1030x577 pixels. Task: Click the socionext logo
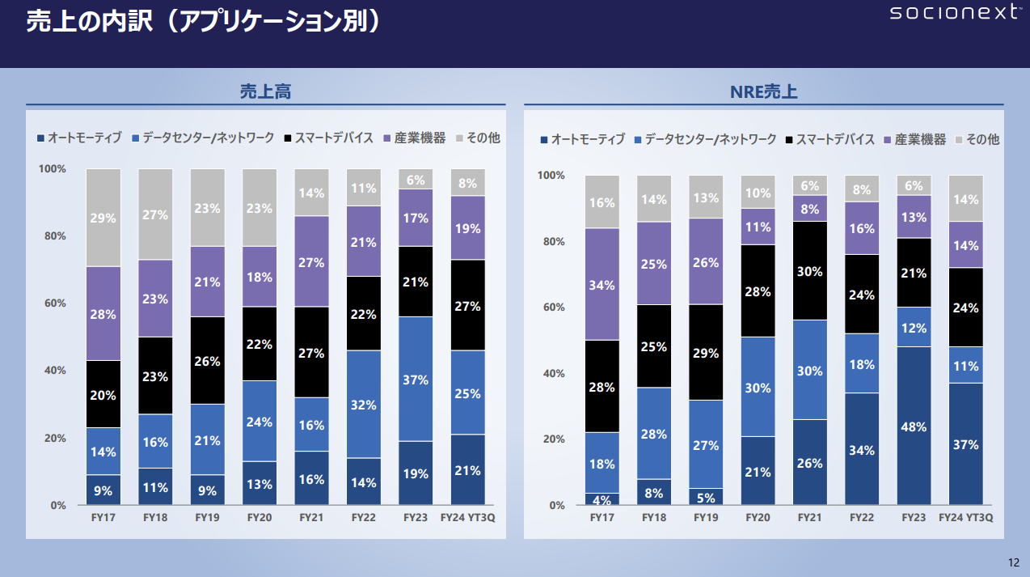pyautogui.click(x=954, y=13)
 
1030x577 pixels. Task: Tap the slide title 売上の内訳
pyautogui.click(x=202, y=23)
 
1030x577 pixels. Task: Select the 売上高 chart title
pyautogui.click(x=265, y=92)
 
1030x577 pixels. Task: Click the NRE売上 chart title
pyautogui.click(x=763, y=92)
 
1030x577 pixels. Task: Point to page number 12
pyautogui.click(x=1014, y=562)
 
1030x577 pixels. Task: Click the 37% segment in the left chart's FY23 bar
pyautogui.click(x=416, y=379)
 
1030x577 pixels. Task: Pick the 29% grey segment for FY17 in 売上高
pyautogui.click(x=103, y=218)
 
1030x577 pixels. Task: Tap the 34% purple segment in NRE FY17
pyautogui.click(x=602, y=284)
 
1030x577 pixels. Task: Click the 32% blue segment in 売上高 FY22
pyautogui.click(x=364, y=404)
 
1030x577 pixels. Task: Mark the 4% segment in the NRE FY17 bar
pyautogui.click(x=602, y=499)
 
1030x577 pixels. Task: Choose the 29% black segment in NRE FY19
pyautogui.click(x=706, y=352)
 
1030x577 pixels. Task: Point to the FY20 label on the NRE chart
pyautogui.click(x=758, y=517)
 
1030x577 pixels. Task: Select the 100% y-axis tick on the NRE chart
pyautogui.click(x=551, y=176)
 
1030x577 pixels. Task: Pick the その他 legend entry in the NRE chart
pyautogui.click(x=977, y=139)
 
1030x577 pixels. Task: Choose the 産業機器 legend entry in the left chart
pyautogui.click(x=414, y=138)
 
